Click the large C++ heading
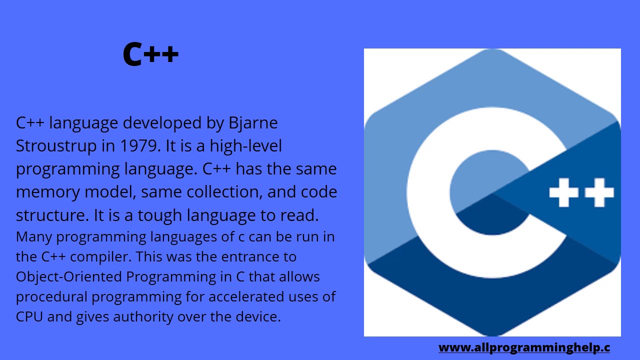pyautogui.click(x=150, y=54)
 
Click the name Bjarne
pyautogui.click(x=253, y=123)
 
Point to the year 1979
pyautogui.click(x=140, y=146)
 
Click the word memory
pyautogui.click(x=48, y=192)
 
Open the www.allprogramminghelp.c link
pyautogui.click(x=524, y=347)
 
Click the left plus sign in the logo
pyautogui.click(x=563, y=192)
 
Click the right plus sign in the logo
pyautogui.click(x=599, y=192)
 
